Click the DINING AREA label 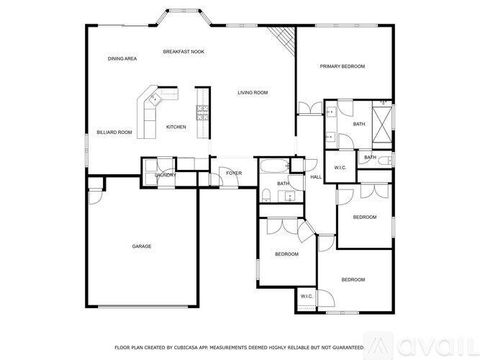click(122, 58)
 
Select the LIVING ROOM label click(253, 92)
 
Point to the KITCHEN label click(176, 127)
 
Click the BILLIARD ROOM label click(114, 132)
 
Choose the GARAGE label click(141, 246)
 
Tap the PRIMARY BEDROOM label click(343, 66)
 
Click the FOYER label click(234, 173)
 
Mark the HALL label click(315, 176)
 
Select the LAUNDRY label click(166, 175)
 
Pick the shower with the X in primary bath click(382, 117)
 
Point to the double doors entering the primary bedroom click(310, 108)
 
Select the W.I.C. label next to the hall click(340, 168)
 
